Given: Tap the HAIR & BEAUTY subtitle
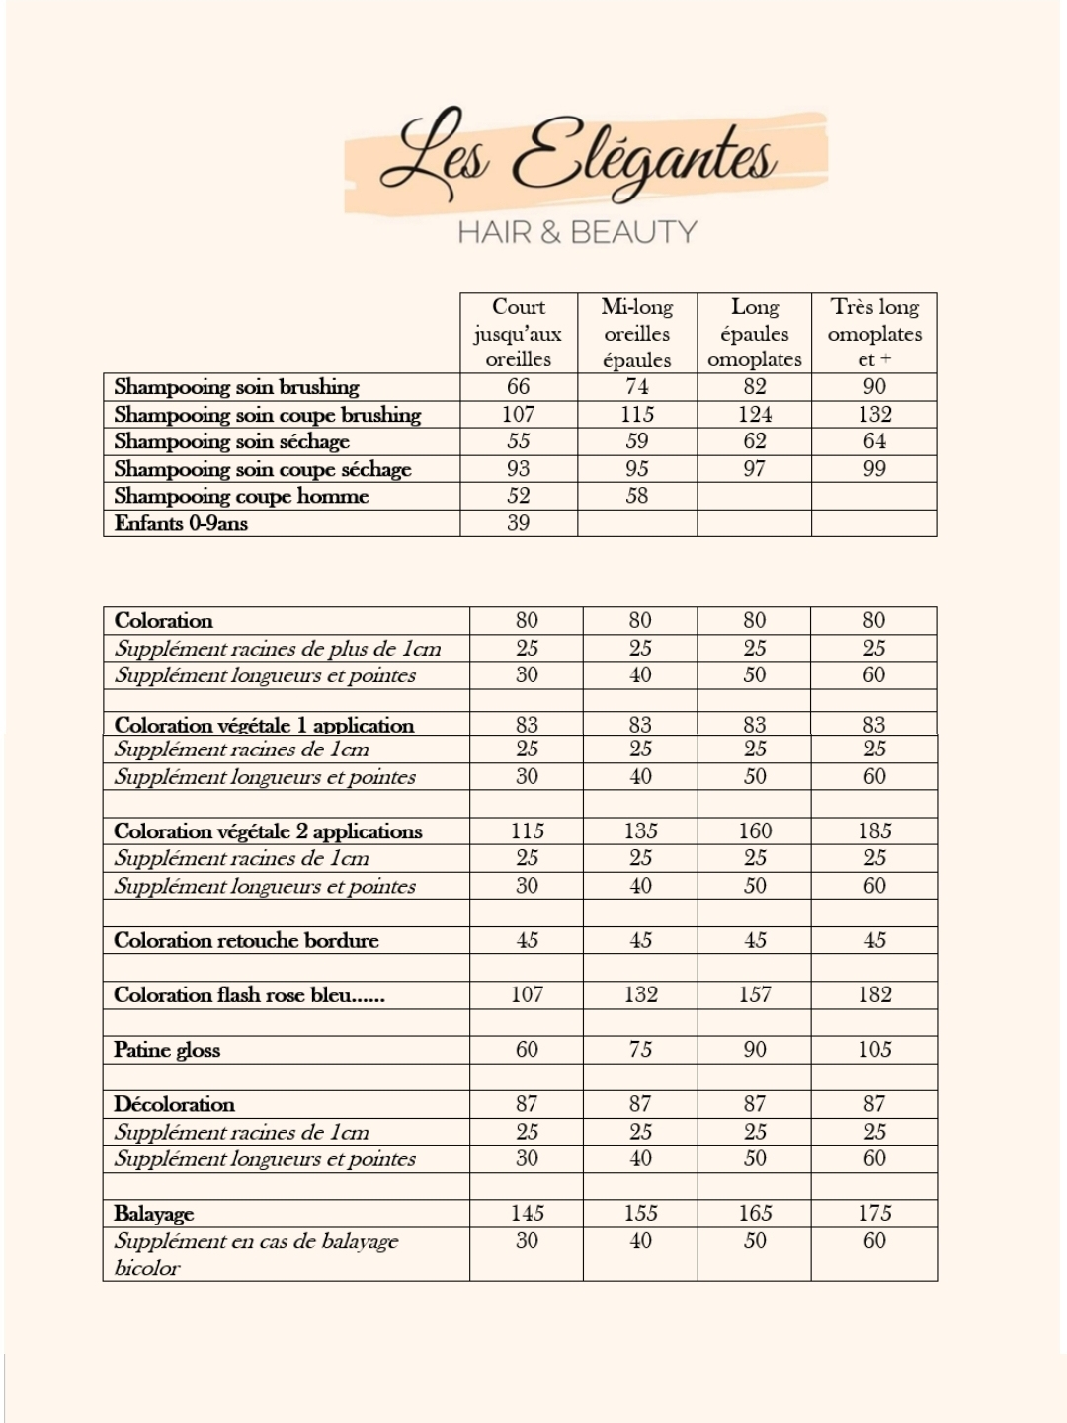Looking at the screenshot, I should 577,232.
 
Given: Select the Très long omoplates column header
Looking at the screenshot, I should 874,333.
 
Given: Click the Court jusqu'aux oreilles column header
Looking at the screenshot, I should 519,333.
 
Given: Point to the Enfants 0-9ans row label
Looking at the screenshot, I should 181,523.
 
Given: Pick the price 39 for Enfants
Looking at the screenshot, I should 519,523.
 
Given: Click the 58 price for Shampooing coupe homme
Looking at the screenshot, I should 637,496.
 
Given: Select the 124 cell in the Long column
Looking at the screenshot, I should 755,414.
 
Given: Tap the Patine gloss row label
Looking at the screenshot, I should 167,1050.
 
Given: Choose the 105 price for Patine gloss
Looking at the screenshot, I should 874,1049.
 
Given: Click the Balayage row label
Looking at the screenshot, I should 154,1214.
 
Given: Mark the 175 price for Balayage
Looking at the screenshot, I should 874,1213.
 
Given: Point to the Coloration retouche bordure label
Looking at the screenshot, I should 246,940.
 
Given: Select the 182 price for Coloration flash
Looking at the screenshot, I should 874,994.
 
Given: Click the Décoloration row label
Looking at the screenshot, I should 175,1104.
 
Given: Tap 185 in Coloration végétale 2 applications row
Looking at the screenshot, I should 874,830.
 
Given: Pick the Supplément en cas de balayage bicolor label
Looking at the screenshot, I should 256,1254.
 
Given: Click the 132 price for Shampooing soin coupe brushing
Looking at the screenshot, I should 874,414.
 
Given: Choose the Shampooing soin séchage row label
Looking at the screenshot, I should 232,441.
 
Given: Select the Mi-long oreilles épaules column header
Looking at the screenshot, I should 637,333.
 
